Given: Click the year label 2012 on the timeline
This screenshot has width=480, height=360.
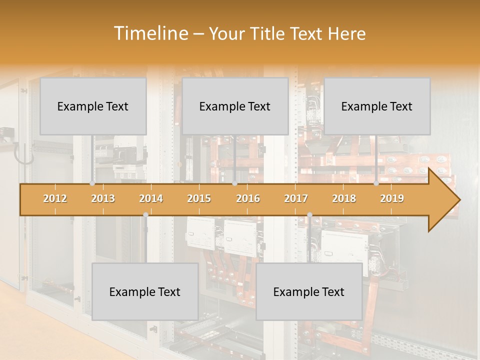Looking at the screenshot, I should pos(55,198).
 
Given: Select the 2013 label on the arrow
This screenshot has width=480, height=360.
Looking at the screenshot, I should pos(103,198).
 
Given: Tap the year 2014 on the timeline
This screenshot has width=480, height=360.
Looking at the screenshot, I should pos(151,198).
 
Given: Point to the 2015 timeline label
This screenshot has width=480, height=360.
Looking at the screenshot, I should pos(199,198).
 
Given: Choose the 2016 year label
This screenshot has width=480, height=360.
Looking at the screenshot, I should pos(248,198).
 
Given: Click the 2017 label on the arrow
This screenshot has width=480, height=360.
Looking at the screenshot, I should pos(296,198).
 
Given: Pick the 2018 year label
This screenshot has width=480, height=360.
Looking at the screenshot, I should pos(344,198).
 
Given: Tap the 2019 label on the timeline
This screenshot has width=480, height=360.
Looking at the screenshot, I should pos(392,198).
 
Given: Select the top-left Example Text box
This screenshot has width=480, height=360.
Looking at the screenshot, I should pos(93,106).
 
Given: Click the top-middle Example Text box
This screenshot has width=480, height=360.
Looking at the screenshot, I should pos(235,106).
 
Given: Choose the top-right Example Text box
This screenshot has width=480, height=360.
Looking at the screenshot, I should pos(377,106).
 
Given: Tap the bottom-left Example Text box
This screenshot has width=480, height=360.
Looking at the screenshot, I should pos(145,292).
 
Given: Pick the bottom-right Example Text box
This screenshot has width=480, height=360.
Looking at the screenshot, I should pos(309,292).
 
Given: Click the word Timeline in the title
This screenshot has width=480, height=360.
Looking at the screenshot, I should pos(150,33).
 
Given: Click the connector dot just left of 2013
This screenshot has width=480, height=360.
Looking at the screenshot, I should pos(92,183).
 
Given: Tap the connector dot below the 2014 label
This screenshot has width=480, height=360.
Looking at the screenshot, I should pos(145,215).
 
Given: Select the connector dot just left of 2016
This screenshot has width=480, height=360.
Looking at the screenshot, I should pos(234,183).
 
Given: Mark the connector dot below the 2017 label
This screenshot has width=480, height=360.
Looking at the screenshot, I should pos(309,215).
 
